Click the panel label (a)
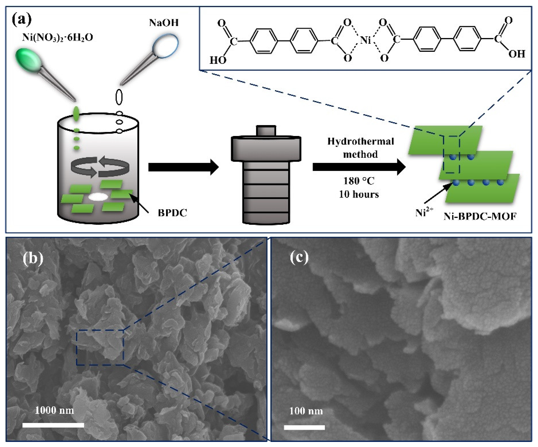(22, 20)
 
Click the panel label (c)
(299, 257)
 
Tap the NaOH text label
(164, 23)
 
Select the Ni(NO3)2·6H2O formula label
(57, 37)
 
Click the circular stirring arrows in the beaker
(100, 167)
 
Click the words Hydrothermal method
(360, 148)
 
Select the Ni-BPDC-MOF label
(480, 217)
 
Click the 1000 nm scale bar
(53, 425)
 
